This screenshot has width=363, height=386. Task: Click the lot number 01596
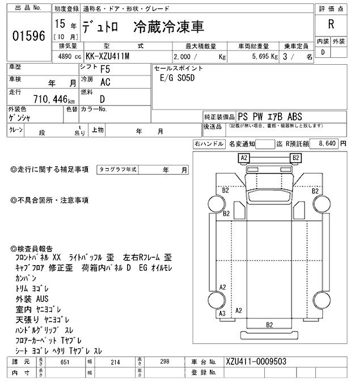coord(28,35)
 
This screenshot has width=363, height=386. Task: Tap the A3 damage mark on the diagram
coord(222,313)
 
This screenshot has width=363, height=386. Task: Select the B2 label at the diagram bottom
coord(269,324)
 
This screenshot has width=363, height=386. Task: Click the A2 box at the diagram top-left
coord(244,157)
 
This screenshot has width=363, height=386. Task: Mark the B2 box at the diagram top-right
coord(295,157)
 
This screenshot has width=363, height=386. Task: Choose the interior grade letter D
coord(323,52)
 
